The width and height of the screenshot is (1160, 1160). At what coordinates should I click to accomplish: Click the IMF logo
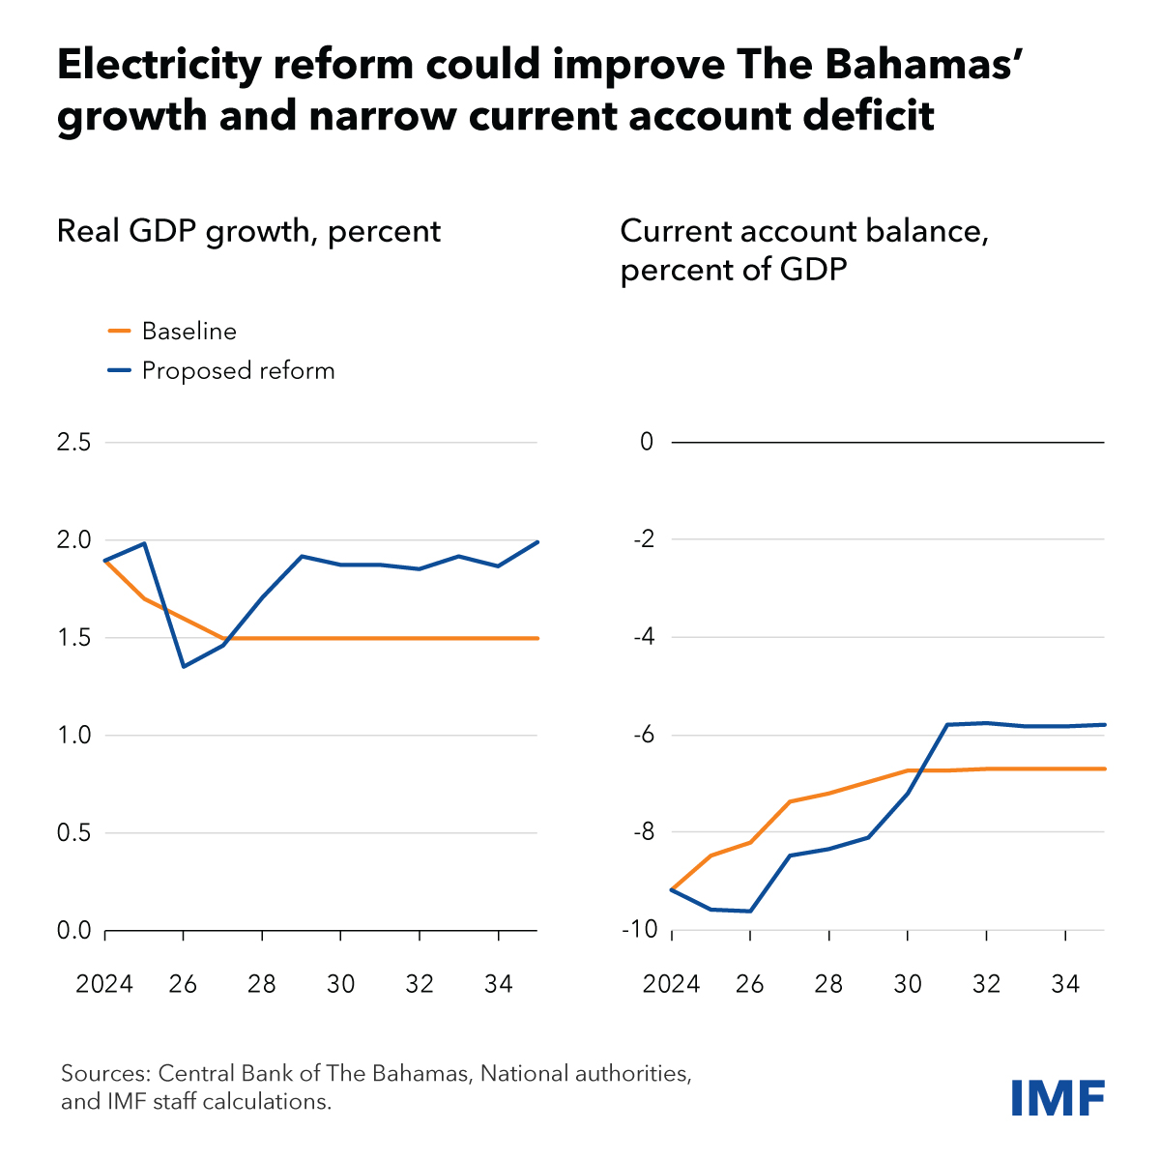(1058, 1098)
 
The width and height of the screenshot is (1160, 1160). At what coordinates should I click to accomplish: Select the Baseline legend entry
(188, 332)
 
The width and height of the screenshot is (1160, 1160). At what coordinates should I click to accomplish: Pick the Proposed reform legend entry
(238, 371)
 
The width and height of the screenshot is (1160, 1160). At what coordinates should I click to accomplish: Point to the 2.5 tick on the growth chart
(73, 443)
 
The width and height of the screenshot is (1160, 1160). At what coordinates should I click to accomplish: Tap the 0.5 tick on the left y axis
(73, 833)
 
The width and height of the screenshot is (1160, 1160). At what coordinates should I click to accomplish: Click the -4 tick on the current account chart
(642, 638)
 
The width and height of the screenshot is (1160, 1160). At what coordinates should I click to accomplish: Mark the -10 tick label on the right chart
(638, 930)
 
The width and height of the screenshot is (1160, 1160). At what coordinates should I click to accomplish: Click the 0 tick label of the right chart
(647, 443)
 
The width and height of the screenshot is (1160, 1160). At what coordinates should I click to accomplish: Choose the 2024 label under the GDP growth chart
(104, 985)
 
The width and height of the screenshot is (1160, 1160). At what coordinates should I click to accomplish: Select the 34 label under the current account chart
(1064, 985)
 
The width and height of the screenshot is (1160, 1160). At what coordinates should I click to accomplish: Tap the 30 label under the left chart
(340, 985)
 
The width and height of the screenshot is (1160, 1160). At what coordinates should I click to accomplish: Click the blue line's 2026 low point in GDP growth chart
(184, 666)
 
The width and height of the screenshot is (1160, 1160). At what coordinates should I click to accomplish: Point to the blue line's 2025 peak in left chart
(144, 543)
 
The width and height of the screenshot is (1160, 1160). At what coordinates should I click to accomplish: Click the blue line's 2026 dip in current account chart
(750, 911)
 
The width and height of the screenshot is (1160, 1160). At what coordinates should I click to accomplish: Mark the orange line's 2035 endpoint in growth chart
(536, 638)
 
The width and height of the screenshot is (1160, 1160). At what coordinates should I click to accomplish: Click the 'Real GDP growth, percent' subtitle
(248, 232)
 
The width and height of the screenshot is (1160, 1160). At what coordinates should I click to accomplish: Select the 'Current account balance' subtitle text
(804, 232)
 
